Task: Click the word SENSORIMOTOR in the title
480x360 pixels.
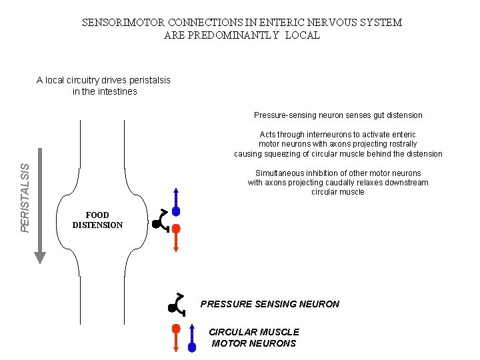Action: click(x=125, y=23)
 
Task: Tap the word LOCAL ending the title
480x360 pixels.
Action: click(x=302, y=35)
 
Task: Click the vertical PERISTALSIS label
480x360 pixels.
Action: click(x=25, y=198)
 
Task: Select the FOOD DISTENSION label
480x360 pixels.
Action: click(x=97, y=220)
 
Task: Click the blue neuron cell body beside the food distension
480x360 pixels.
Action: click(x=176, y=211)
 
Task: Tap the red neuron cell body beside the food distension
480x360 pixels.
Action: click(x=176, y=228)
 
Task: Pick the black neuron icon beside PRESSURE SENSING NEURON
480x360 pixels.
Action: click(x=175, y=305)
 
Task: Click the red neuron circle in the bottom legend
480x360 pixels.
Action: click(x=175, y=329)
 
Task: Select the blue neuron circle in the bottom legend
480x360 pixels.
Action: click(x=192, y=347)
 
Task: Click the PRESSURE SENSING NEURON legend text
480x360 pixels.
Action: click(x=269, y=304)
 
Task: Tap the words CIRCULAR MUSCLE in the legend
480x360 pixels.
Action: click(x=254, y=332)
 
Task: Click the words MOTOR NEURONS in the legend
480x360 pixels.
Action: click(x=254, y=343)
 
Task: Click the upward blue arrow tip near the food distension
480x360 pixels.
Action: click(x=176, y=190)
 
